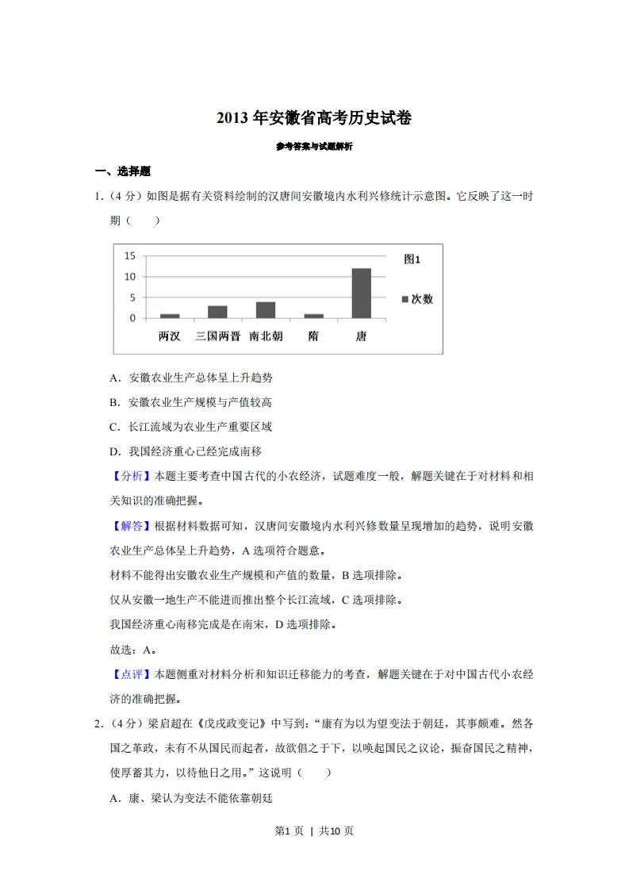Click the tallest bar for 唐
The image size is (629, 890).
361,293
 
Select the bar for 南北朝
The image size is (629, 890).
266,309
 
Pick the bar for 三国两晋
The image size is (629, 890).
217,312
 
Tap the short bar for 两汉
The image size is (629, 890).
170,316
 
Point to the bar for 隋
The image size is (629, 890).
313,316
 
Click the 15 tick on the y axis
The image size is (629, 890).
130,255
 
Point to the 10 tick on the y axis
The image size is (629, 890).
130,276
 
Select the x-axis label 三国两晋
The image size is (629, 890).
217,336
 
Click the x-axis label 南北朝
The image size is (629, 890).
266,336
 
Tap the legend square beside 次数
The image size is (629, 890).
405,299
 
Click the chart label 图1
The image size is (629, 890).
412,259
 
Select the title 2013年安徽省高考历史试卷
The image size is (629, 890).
314,118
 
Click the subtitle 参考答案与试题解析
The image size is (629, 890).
314,147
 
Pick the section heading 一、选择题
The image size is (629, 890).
123,171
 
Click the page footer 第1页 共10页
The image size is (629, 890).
314,831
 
